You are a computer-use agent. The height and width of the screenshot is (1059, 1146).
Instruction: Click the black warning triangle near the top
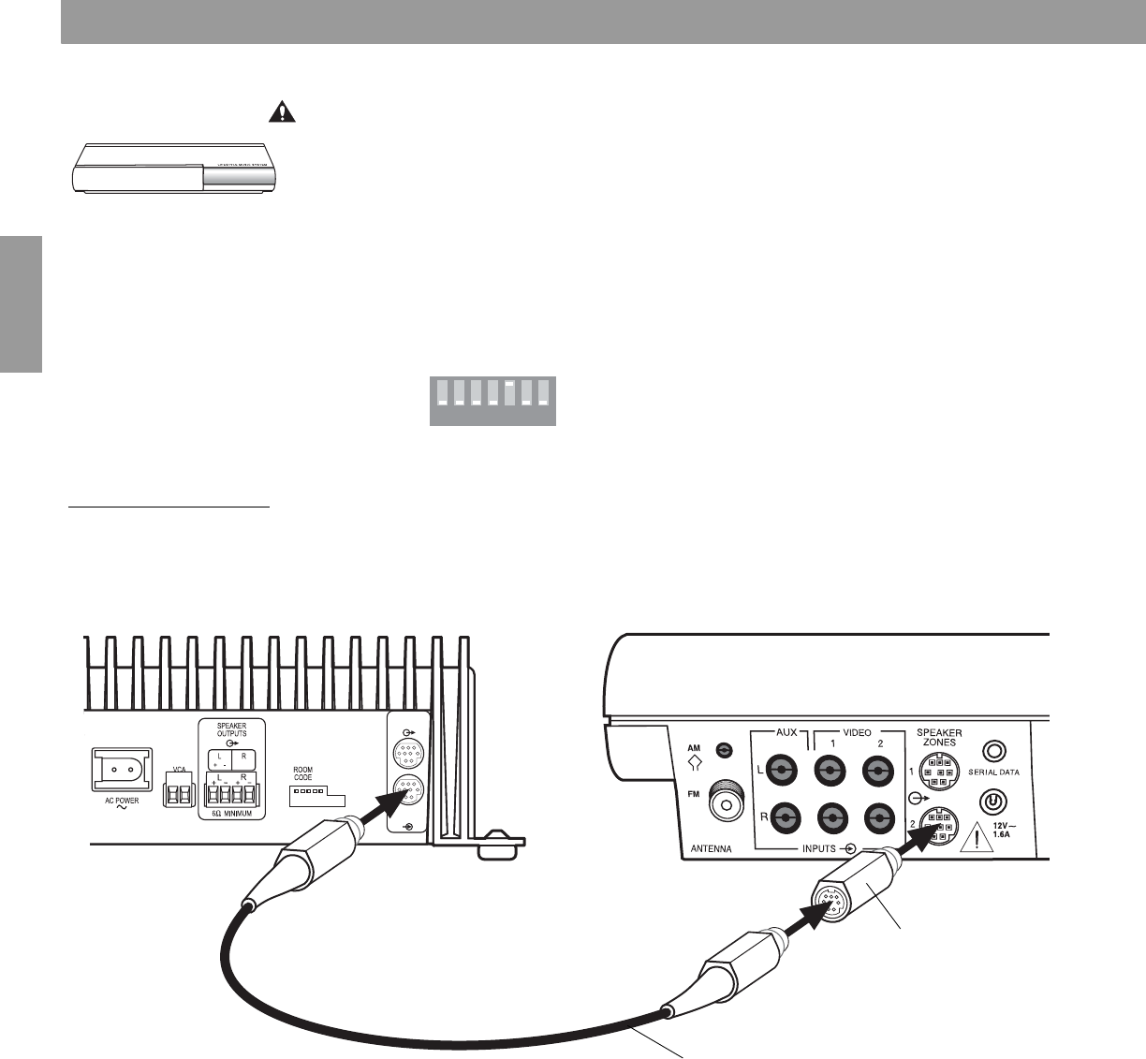pos(280,111)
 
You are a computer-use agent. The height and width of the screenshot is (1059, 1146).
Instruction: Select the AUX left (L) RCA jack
pos(781,772)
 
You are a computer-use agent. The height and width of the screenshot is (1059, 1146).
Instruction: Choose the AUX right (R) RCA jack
pos(781,818)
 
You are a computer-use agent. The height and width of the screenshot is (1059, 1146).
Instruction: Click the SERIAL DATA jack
pos(994,751)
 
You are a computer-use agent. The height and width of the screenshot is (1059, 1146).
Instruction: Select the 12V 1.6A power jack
pos(994,802)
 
